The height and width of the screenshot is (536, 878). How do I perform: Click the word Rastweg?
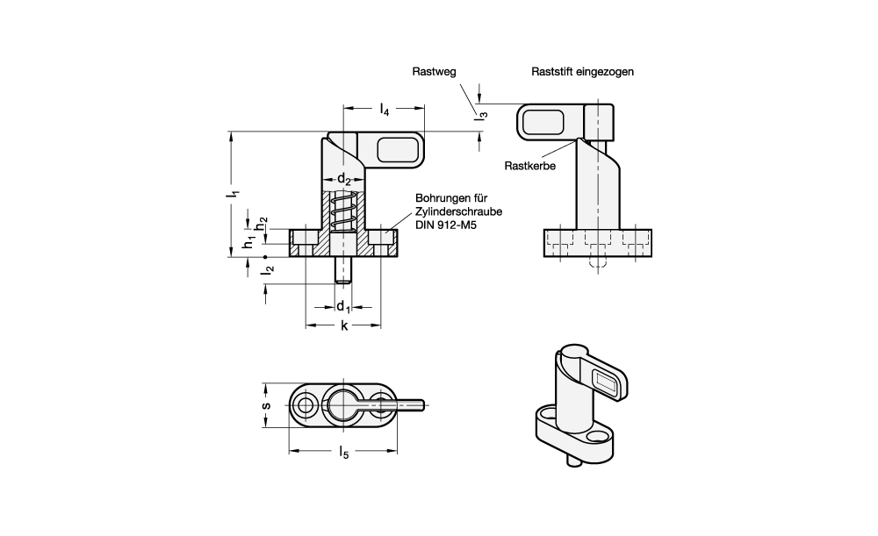pyautogui.click(x=435, y=72)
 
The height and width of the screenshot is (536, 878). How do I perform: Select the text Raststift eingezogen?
pyautogui.click(x=582, y=72)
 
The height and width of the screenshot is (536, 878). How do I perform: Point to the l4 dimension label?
pyautogui.click(x=385, y=111)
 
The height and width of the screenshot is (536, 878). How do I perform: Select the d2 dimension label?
pyautogui.click(x=345, y=181)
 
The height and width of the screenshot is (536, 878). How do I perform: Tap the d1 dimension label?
pyautogui.click(x=344, y=307)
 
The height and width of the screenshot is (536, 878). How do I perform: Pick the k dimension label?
pyautogui.click(x=344, y=326)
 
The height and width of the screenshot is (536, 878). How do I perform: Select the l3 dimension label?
pyautogui.click(x=481, y=111)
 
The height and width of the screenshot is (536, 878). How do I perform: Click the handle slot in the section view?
pyautogui.click(x=397, y=151)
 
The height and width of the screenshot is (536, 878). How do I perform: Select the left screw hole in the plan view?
pyautogui.click(x=306, y=404)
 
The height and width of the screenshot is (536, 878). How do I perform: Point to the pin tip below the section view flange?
pyautogui.click(x=344, y=276)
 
